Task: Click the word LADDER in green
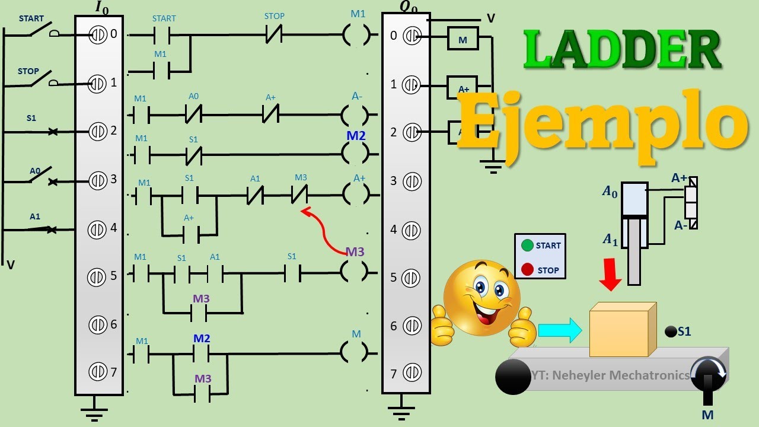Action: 622,50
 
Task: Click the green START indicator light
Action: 527,245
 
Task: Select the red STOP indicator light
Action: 527,270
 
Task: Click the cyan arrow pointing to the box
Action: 560,330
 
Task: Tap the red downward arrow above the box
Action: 610,274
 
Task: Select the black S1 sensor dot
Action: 671,332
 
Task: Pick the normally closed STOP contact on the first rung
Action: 274,36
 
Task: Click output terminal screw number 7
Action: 411,373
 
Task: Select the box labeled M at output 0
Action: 463,40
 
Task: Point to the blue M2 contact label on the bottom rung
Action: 202,339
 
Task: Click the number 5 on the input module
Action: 113,276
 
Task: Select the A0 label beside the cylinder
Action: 610,191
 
